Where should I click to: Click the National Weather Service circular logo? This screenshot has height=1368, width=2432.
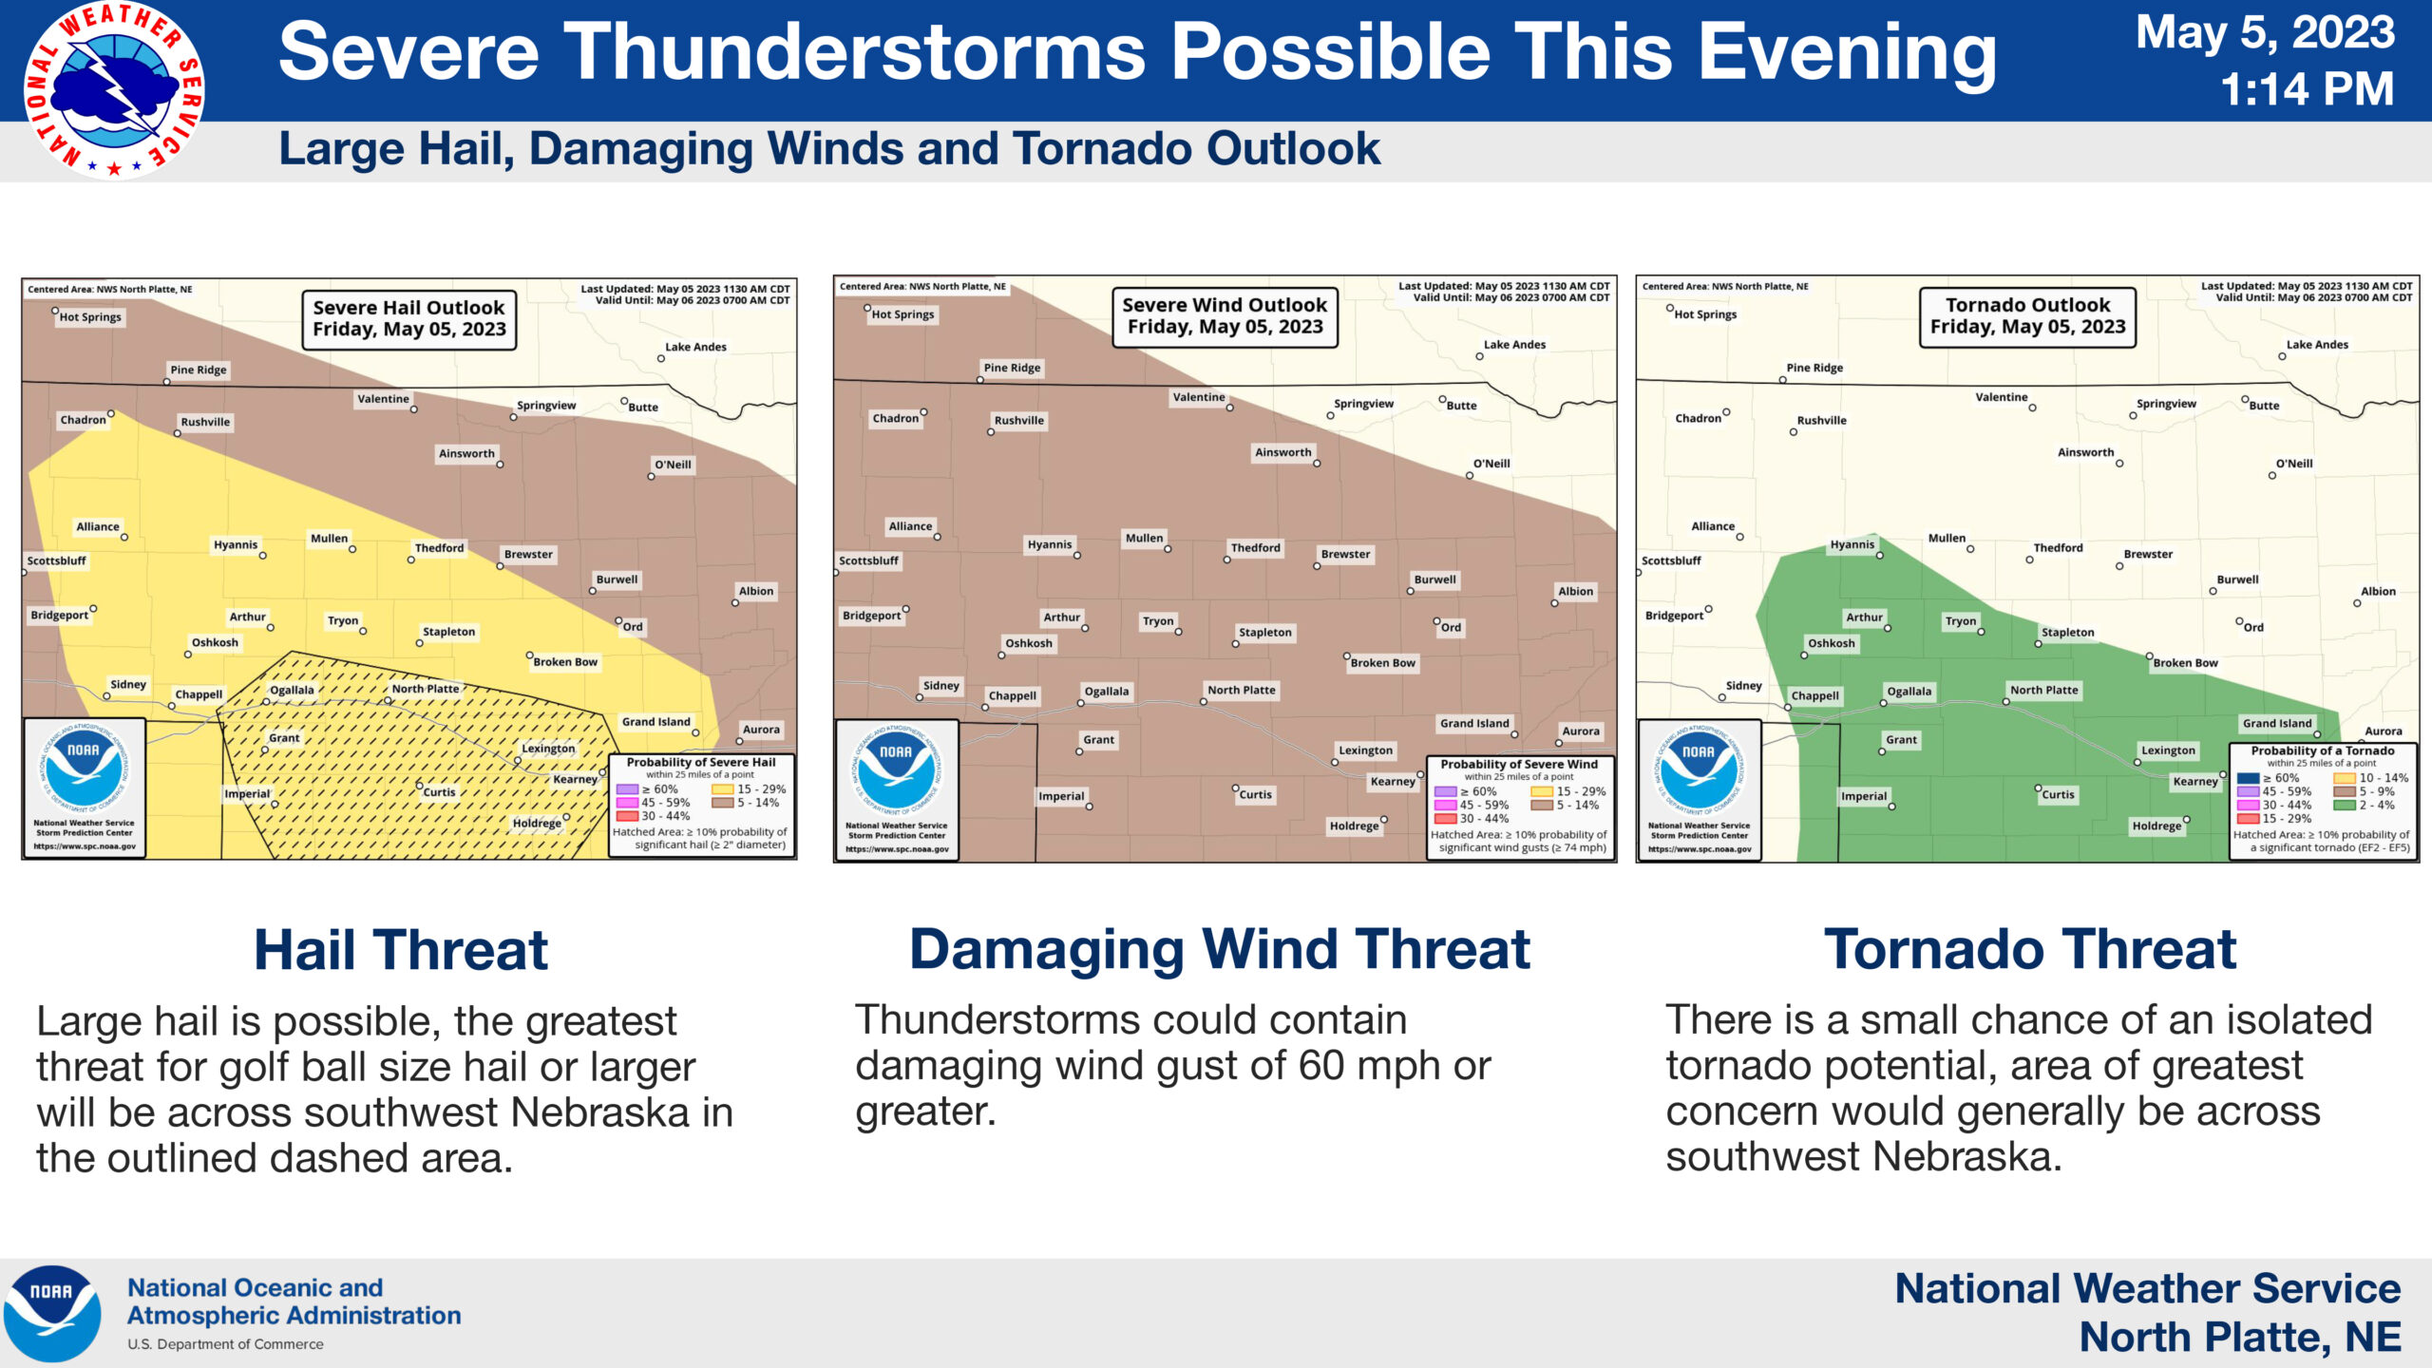114,90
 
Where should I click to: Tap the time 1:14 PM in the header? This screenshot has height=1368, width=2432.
2307,89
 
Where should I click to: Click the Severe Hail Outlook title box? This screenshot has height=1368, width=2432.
409,319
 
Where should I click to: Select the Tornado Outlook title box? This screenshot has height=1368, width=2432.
2027,316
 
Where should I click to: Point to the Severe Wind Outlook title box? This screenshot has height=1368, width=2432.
1225,316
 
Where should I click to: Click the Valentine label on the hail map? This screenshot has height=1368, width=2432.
383,399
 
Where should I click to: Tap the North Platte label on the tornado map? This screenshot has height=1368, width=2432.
2044,691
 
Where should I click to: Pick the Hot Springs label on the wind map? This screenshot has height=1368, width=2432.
902,314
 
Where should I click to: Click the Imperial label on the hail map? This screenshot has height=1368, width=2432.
247,794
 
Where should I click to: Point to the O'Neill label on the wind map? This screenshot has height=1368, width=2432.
1491,464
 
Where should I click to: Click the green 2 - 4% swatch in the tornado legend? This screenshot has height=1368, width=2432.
2344,805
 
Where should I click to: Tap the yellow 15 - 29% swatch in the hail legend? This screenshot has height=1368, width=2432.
722,789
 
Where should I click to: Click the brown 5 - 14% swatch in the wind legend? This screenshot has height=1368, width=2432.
1541,805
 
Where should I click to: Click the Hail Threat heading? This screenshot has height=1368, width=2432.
401,950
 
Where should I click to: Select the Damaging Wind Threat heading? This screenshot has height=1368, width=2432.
1220,949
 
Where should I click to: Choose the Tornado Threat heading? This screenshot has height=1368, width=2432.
2030,949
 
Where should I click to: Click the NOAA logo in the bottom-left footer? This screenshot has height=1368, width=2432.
52,1313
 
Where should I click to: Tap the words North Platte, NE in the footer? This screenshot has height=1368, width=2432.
2240,1338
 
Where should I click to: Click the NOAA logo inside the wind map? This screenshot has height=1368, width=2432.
896,769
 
